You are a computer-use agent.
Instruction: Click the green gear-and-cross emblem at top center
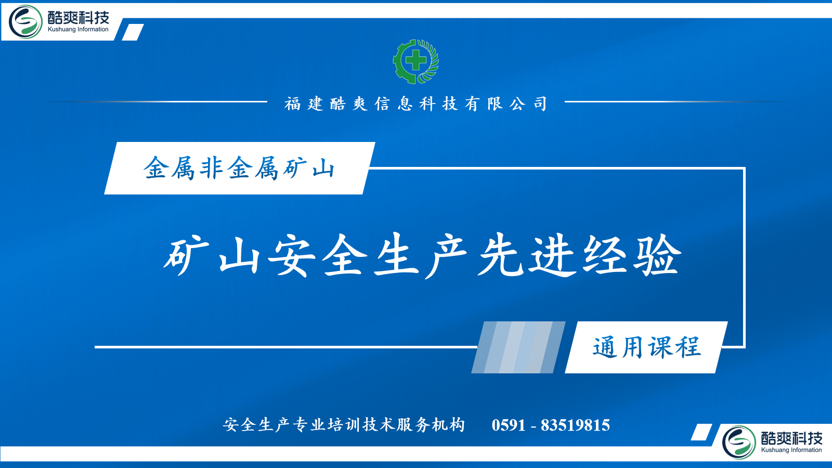(x=415, y=61)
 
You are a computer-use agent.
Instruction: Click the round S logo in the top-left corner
(x=25, y=21)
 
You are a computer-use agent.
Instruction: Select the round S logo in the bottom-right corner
(x=739, y=442)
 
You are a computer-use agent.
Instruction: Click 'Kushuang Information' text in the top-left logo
(x=78, y=29)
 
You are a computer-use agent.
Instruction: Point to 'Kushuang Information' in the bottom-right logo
(x=791, y=450)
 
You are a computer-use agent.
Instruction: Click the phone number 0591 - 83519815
(x=551, y=425)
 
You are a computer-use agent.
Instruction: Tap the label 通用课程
(x=647, y=348)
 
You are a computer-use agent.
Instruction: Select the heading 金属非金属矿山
(x=239, y=168)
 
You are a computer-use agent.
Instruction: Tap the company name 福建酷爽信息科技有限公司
(x=415, y=103)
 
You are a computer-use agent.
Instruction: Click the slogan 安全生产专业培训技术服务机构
(x=344, y=425)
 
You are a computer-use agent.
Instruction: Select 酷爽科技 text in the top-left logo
(x=79, y=17)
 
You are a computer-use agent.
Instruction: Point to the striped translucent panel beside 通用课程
(x=518, y=347)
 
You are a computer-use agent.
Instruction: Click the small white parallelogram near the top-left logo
(x=133, y=32)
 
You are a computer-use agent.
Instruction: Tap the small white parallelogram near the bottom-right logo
(x=701, y=432)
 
